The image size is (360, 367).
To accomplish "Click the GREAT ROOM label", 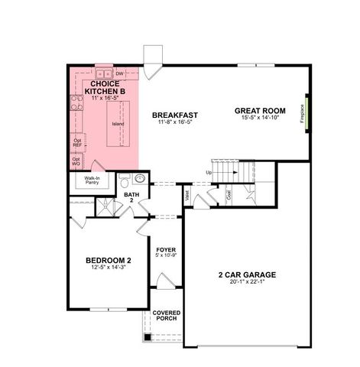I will click(262, 110).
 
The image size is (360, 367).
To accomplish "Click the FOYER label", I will click(166, 250).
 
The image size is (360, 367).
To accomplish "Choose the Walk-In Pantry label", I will click(92, 181).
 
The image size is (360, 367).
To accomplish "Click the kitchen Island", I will click(117, 124).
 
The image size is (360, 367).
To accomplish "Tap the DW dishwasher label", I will click(120, 73).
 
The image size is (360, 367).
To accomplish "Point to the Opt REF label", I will click(76, 143).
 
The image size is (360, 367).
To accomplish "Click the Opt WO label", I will click(76, 162).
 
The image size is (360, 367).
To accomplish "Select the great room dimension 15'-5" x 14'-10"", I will click(262, 119).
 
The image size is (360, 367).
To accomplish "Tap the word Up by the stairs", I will click(209, 173).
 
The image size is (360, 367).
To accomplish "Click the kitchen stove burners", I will click(76, 102).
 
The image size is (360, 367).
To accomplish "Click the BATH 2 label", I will click(131, 197).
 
